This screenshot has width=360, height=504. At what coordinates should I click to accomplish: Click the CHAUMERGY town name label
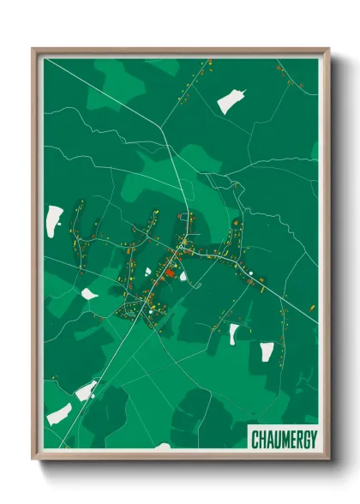pyautogui.click(x=283, y=440)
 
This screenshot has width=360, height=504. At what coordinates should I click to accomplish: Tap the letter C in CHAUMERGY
pyautogui.click(x=255, y=440)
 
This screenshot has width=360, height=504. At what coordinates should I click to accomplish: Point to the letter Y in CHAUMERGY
pyautogui.click(x=311, y=440)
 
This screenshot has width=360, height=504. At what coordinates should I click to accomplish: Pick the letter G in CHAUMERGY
pyautogui.click(x=304, y=440)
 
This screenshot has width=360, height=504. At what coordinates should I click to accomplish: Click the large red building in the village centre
pyautogui.click(x=170, y=273)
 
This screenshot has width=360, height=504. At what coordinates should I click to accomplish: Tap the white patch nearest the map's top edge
pyautogui.click(x=230, y=101)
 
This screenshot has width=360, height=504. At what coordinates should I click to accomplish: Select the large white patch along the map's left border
pyautogui.click(x=54, y=219)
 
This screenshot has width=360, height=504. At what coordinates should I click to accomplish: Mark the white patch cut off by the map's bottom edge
pyautogui.click(x=162, y=447)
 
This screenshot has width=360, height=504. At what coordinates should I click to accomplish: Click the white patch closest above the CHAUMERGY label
pyautogui.click(x=267, y=351)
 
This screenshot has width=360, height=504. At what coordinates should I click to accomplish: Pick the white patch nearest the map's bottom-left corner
pyautogui.click(x=58, y=414)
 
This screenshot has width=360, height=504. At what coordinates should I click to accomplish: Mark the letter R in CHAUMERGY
pyautogui.click(x=297, y=440)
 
